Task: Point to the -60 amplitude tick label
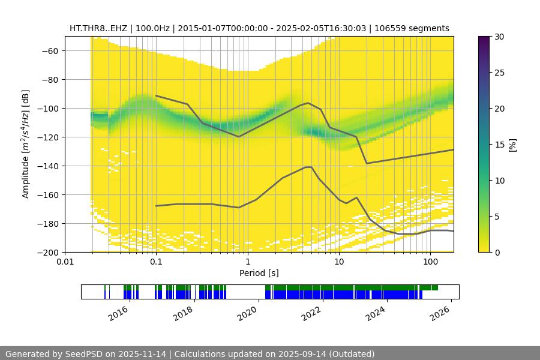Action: click(49, 50)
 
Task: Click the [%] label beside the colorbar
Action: click(512, 144)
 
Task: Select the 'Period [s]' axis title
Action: click(259, 273)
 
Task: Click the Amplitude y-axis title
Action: click(26, 144)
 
